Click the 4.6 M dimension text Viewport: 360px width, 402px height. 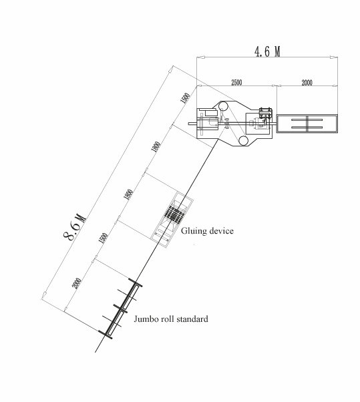pos(267,51)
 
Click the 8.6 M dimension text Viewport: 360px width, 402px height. pos(74,227)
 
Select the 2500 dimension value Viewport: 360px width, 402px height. pos(236,83)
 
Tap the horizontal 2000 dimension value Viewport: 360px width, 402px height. pos(307,83)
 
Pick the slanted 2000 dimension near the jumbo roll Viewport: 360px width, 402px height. pos(76,284)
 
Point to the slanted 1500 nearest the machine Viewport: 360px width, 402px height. pos(185,98)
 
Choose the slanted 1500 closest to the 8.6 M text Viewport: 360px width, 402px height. pos(103,238)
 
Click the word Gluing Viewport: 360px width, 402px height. pos(194,231)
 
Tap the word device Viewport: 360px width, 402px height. pos(222,231)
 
